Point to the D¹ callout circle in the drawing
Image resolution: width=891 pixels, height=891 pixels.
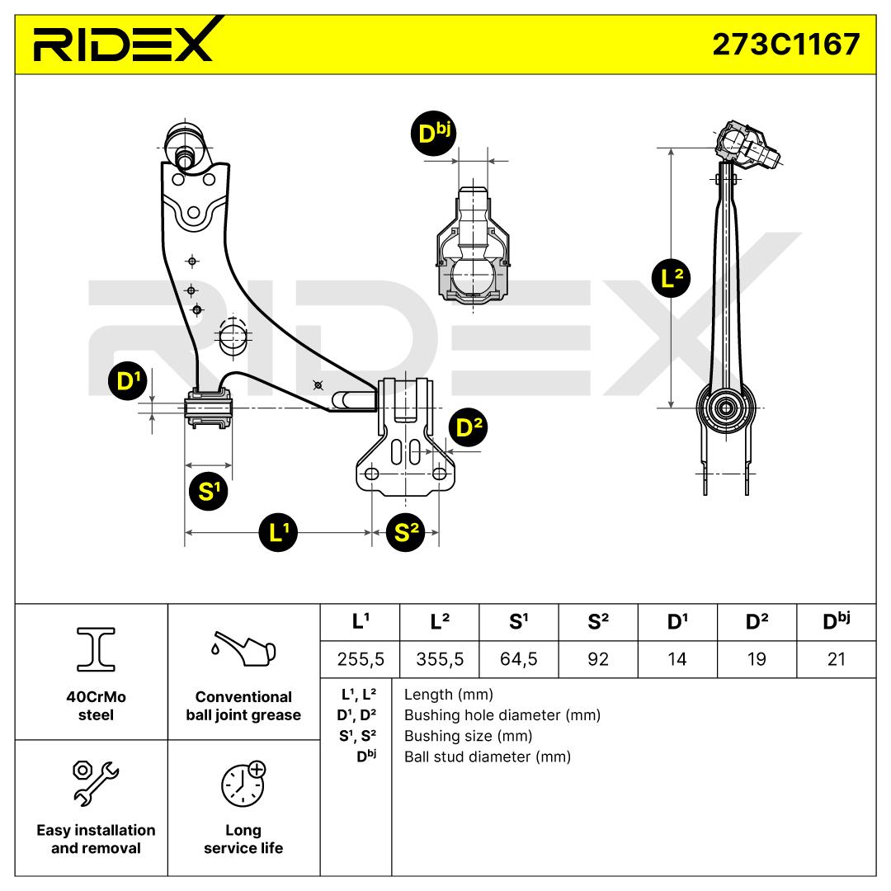[x=126, y=380]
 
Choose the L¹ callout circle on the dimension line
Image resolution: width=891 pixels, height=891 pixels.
[x=279, y=533]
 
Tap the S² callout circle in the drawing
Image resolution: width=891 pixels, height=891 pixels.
[x=403, y=533]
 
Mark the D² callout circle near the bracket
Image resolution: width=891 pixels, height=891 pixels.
[x=468, y=427]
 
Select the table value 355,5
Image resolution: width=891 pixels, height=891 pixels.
[x=438, y=659]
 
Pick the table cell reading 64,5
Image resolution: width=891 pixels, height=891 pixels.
[x=518, y=659]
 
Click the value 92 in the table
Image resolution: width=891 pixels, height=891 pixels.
[x=598, y=659]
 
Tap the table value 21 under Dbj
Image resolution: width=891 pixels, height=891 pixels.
[x=836, y=659]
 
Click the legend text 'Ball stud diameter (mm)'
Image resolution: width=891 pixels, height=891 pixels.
[x=487, y=757]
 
